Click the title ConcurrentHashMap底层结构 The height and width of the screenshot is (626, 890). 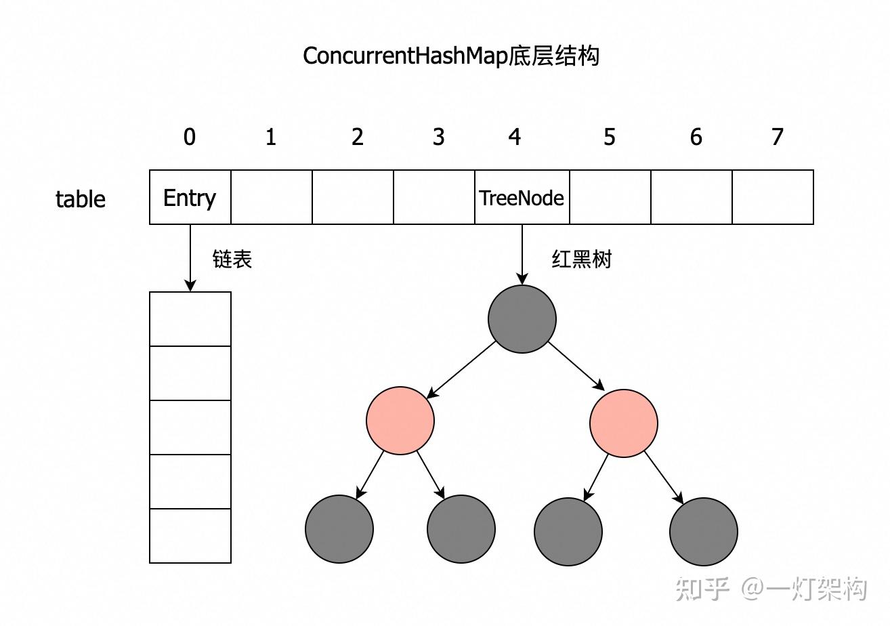point(450,56)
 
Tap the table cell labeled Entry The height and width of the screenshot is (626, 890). point(190,197)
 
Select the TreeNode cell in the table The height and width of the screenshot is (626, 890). point(522,197)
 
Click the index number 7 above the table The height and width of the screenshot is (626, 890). point(777,137)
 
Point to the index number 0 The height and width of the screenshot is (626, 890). point(190,137)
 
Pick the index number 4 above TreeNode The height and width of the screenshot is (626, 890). point(515,137)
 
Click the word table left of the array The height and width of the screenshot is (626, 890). point(81,199)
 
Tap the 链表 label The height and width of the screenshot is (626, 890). point(232,259)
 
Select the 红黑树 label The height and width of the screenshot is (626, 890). point(581,259)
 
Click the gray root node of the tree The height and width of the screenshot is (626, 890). point(522,319)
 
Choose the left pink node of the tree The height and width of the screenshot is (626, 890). point(400,421)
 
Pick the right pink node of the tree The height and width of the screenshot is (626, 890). point(623,423)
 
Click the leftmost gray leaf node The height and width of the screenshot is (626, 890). point(339,529)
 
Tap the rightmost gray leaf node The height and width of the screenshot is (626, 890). point(703,532)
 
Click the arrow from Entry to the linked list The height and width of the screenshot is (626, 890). point(190,257)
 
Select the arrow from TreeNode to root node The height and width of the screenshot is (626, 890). point(522,254)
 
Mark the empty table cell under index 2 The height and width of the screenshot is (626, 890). point(352,197)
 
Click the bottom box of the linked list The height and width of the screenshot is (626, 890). point(190,535)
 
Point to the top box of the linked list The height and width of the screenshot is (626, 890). point(190,319)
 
